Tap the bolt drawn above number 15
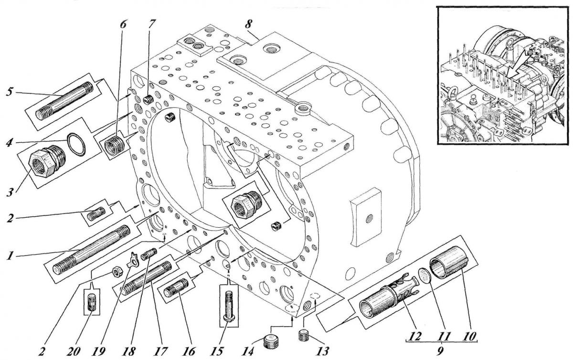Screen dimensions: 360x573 click(x=229, y=306)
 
